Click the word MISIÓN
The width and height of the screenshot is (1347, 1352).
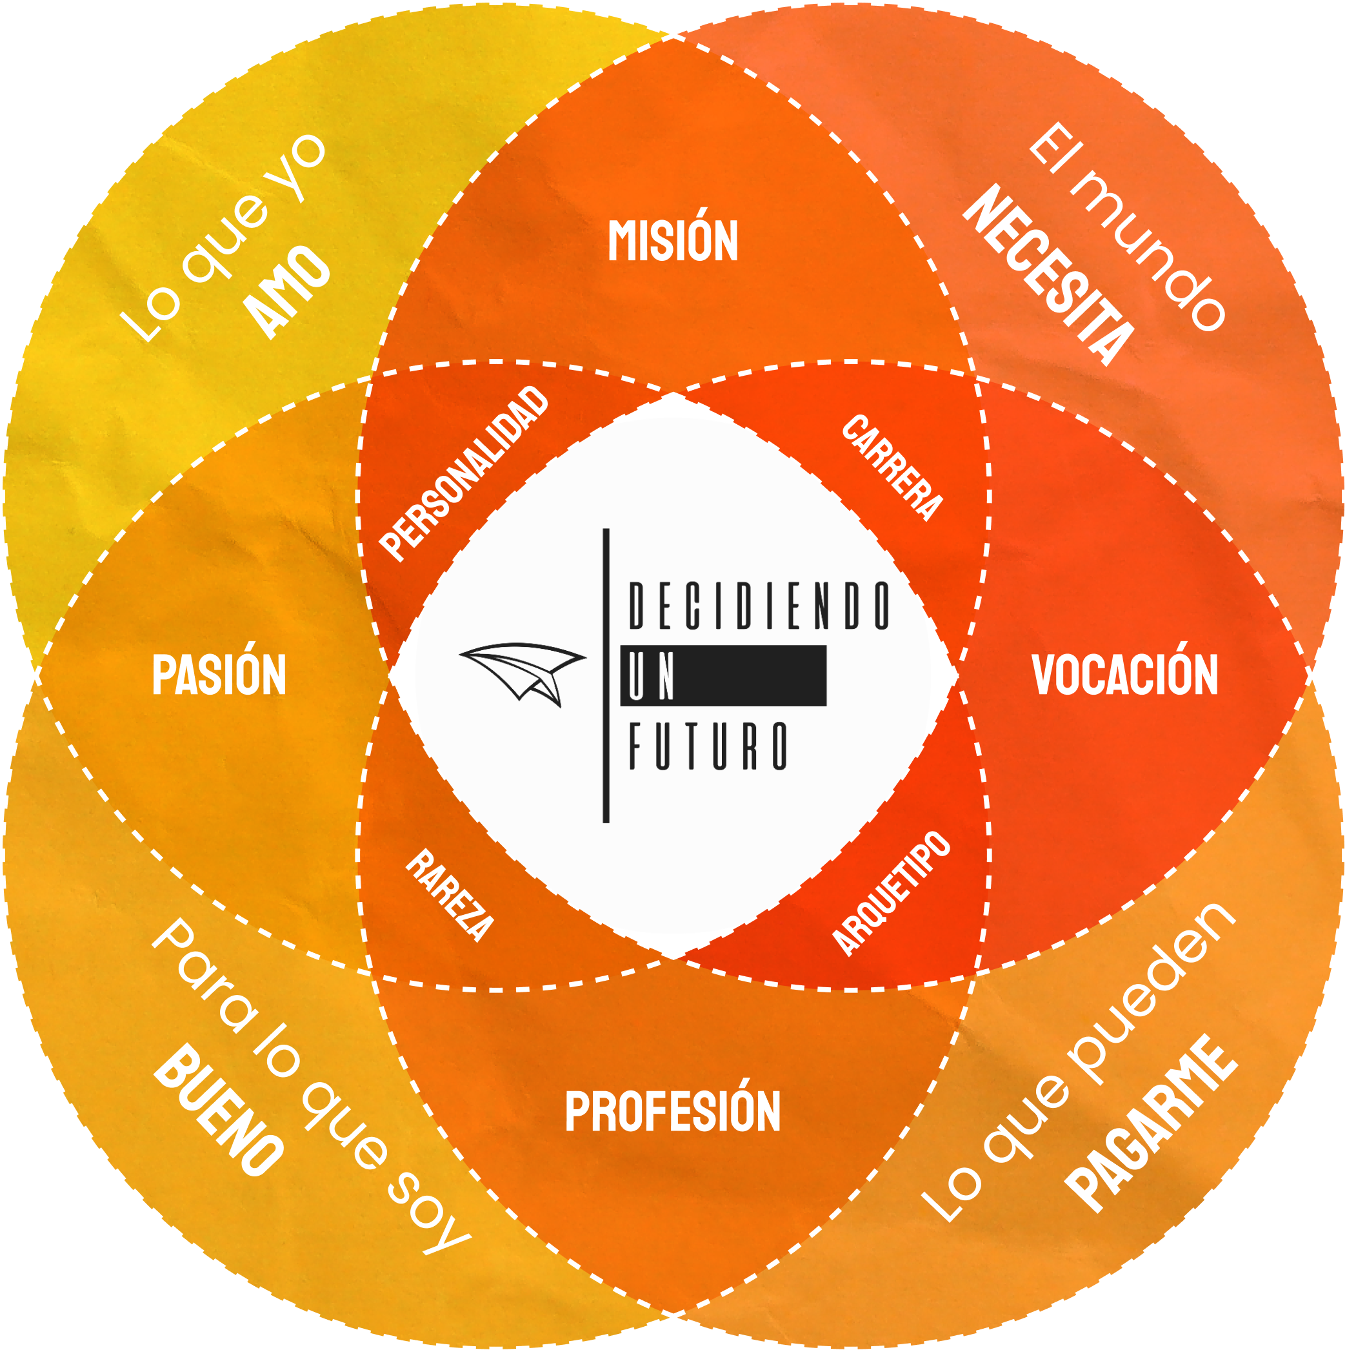pos(673,241)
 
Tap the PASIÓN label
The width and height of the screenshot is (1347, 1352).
pos(219,675)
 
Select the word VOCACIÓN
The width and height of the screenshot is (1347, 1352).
pos(1125,675)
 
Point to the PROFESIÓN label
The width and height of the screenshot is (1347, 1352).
pos(672,1112)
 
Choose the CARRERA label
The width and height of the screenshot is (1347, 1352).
pos(892,467)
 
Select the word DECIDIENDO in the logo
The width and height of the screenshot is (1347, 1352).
pos(759,606)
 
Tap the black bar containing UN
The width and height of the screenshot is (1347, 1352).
pos(723,675)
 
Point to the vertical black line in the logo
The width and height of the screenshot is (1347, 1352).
pos(606,675)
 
